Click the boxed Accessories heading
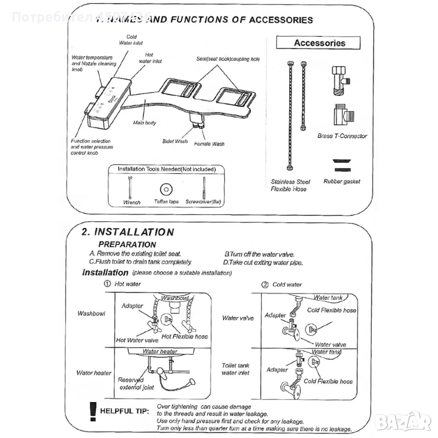point(319,43)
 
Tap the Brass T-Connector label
point(342,136)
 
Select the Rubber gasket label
point(342,182)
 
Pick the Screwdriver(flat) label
point(204,202)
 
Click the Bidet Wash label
point(175,141)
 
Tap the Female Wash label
point(209,144)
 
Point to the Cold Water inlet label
point(131,39)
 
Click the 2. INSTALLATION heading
point(127,232)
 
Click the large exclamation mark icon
point(92,411)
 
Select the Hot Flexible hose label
point(185,336)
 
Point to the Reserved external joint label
point(136,384)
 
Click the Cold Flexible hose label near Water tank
point(332,310)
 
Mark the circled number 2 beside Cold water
point(265,285)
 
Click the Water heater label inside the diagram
point(160,351)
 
